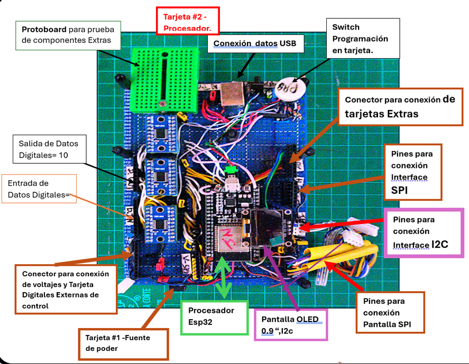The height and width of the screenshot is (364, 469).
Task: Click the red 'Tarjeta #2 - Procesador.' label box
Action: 188,21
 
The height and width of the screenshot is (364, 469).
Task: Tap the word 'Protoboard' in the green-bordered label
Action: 44,29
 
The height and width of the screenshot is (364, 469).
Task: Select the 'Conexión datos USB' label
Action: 255,44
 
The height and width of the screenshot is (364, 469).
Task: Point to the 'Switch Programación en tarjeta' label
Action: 363,38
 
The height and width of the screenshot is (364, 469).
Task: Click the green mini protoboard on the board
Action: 164,80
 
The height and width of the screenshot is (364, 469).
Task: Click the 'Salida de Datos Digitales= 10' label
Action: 50,149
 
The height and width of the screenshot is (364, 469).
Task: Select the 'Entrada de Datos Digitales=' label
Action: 39,189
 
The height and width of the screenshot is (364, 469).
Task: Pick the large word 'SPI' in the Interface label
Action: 399,190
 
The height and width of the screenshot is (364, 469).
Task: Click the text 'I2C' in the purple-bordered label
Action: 439,244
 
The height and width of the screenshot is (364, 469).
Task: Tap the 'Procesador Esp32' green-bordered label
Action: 214,318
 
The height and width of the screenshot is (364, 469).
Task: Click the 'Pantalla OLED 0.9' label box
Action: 291,324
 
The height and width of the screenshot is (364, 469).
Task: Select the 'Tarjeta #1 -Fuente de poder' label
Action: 124,344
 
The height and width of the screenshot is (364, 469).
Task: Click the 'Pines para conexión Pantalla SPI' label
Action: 390,313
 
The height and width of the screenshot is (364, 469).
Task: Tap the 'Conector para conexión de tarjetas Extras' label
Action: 400,107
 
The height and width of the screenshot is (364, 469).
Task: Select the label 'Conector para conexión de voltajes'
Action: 66,290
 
